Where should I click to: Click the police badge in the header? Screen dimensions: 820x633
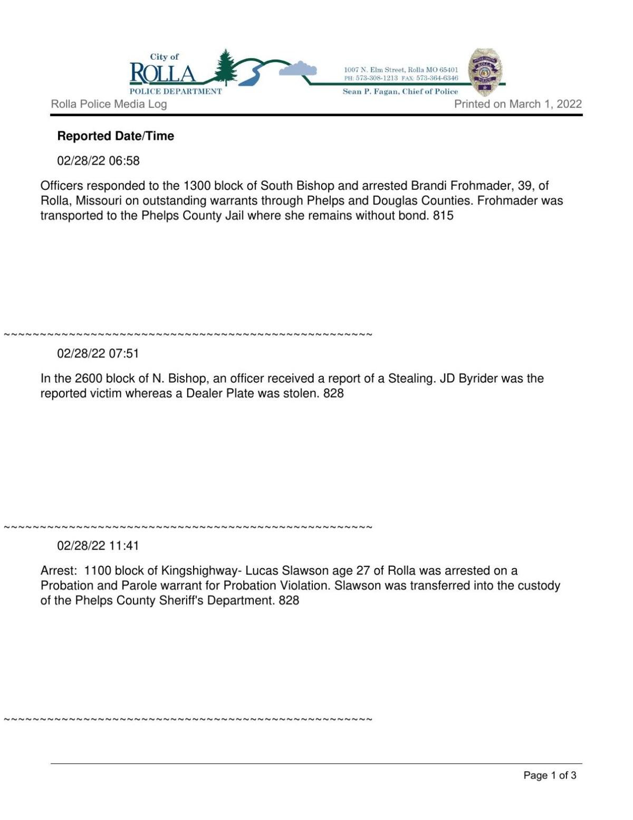(x=485, y=72)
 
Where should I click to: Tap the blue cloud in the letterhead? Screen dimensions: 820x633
(x=298, y=69)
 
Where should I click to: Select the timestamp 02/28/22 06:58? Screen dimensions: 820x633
(x=98, y=161)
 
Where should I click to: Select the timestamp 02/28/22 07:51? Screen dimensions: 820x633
(x=98, y=354)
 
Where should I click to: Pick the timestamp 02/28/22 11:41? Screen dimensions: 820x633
(x=98, y=546)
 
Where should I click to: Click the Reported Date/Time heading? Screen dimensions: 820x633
(x=116, y=136)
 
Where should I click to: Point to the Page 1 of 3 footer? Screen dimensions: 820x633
(x=550, y=775)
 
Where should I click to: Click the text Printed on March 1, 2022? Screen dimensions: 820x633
(x=518, y=104)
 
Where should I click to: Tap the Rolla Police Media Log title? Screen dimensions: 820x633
(x=109, y=104)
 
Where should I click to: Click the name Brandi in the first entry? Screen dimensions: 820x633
(x=428, y=186)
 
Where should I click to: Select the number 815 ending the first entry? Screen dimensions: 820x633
(x=443, y=215)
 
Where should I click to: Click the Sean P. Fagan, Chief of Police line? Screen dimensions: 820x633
(x=400, y=91)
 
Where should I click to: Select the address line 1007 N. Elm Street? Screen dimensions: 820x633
(x=401, y=70)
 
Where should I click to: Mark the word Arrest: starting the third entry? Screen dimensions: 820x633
(x=59, y=571)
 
